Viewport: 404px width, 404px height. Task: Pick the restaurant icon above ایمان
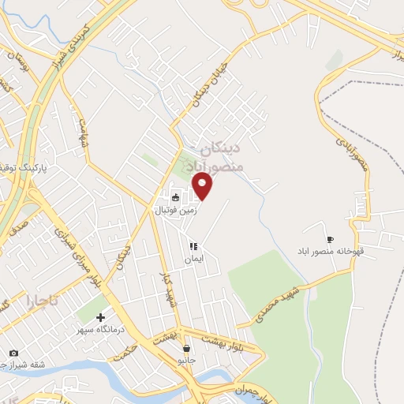coord(193,246)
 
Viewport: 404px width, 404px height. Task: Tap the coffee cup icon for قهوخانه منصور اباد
coord(330,240)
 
